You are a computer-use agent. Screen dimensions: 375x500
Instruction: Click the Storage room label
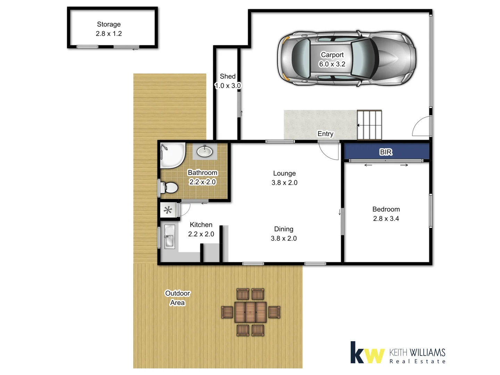click(109, 24)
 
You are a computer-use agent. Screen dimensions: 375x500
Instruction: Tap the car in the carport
click(347, 58)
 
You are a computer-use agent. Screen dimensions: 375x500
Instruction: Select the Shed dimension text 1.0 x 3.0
click(228, 86)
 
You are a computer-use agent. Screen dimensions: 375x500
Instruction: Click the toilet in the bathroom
click(170, 187)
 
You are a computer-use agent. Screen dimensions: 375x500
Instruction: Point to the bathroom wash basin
click(205, 151)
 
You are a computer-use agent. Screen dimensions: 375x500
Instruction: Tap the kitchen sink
click(169, 237)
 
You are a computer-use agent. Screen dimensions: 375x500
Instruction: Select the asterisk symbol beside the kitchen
click(168, 210)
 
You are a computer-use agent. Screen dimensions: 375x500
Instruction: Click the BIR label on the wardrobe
click(386, 152)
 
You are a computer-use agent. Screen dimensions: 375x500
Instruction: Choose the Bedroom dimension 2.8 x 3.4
click(386, 219)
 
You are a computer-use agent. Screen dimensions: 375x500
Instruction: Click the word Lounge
click(284, 173)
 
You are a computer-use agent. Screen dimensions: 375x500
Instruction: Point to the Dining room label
click(284, 229)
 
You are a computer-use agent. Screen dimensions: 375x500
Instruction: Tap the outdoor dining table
click(250, 312)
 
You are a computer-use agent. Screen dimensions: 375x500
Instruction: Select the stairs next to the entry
click(369, 125)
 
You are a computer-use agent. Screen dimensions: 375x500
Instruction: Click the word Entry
click(325, 134)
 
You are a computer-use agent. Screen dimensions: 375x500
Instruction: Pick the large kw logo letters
click(367, 353)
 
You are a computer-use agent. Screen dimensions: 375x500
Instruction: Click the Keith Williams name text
click(417, 353)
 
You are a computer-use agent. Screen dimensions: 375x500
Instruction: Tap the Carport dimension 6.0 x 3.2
click(332, 64)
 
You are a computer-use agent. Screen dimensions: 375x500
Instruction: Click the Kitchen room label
click(201, 225)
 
